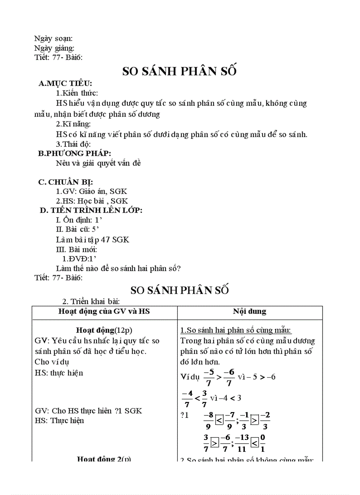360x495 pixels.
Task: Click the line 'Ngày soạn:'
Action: pyautogui.click(x=53, y=39)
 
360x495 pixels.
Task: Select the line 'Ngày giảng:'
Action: pyautogui.click(x=54, y=48)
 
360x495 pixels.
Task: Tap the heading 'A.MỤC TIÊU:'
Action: pyautogui.click(x=65, y=84)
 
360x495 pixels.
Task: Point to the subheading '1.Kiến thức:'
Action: pyautogui.click(x=77, y=93)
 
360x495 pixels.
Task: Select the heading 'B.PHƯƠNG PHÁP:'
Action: pyautogui.click(x=75, y=153)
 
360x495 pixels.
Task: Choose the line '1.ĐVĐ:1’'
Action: pyautogui.click(x=79, y=259)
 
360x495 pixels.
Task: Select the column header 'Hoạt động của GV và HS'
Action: pyautogui.click(x=104, y=311)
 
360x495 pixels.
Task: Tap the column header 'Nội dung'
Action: pyautogui.click(x=250, y=311)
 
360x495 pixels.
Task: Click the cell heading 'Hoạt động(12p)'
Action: pyautogui.click(x=104, y=330)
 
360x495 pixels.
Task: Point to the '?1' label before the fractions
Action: pyautogui.click(x=184, y=415)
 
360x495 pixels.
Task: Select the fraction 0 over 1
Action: pyautogui.click(x=262, y=443)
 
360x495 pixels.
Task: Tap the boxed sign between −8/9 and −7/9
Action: pyautogui.click(x=219, y=420)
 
